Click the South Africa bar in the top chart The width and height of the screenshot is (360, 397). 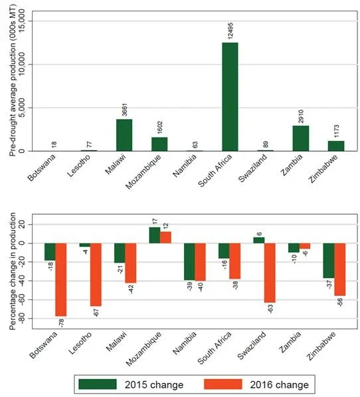pyautogui.click(x=230, y=96)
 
